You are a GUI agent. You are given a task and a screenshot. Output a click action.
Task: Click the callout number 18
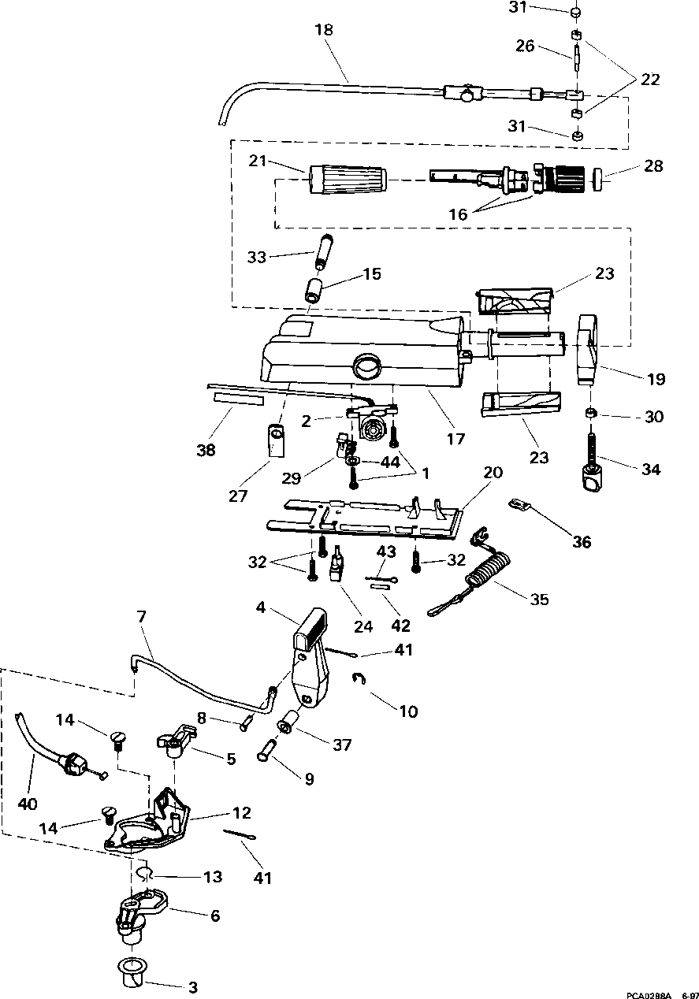click(324, 30)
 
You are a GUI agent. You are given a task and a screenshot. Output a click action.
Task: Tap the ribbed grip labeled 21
click(347, 180)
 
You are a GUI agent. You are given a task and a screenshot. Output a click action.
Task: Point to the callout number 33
click(256, 258)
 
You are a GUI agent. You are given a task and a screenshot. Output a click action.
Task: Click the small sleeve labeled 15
click(315, 291)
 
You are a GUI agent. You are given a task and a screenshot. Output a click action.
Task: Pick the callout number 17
click(456, 439)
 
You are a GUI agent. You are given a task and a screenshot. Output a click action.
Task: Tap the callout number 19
click(656, 380)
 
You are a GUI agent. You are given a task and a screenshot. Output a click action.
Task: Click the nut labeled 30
click(591, 414)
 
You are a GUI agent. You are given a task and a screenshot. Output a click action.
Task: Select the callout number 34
click(651, 470)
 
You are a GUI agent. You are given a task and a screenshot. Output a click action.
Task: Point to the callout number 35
click(539, 600)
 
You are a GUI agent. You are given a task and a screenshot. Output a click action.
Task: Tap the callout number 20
click(493, 472)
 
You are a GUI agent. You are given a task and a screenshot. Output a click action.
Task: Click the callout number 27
click(238, 496)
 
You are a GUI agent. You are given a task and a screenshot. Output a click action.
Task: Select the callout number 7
click(142, 617)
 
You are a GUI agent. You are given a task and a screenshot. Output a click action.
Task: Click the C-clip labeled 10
click(359, 678)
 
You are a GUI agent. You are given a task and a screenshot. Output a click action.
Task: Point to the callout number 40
click(28, 804)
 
